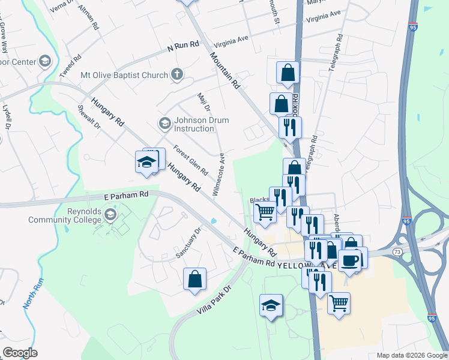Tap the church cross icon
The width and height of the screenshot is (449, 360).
(176, 75)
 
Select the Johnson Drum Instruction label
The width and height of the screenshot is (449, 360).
(193, 124)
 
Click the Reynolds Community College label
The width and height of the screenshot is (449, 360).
(65, 215)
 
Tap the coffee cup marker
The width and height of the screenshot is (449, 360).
(351, 260)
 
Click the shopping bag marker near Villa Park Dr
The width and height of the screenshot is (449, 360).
(194, 279)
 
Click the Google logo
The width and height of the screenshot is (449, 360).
(20, 353)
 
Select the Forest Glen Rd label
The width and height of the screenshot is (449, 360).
(190, 159)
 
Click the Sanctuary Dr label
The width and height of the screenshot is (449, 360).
(188, 243)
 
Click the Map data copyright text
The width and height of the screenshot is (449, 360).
(411, 355)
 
